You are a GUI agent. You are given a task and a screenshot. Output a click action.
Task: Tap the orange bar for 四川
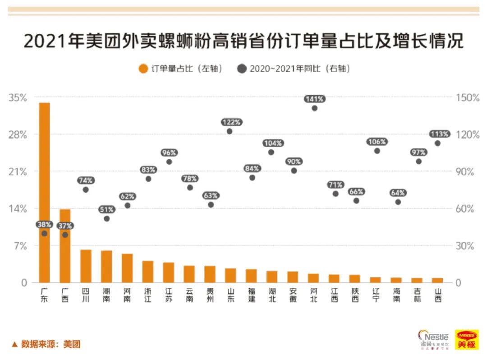pyautogui.click(x=86, y=266)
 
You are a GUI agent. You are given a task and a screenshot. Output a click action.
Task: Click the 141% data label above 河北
pyautogui.click(x=314, y=99)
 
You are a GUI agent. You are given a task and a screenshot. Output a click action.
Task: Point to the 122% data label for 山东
pyautogui.click(x=232, y=122)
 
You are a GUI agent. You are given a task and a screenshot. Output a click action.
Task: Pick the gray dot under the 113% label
pyautogui.click(x=437, y=143)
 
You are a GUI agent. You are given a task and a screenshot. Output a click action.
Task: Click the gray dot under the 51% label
pyautogui.click(x=107, y=218)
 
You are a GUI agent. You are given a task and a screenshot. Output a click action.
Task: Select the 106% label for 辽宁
pyautogui.click(x=377, y=142)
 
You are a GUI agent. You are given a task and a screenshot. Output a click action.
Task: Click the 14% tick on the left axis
pyautogui.click(x=18, y=209)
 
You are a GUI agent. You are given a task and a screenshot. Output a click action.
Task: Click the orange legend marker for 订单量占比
pyautogui.click(x=143, y=69)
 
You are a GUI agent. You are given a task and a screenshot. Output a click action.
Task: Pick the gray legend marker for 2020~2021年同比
pyautogui.click(x=242, y=69)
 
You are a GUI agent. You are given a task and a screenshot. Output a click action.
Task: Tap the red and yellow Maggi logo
pyautogui.click(x=467, y=340)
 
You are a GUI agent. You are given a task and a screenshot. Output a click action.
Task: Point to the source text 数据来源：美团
pyautogui.click(x=46, y=344)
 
